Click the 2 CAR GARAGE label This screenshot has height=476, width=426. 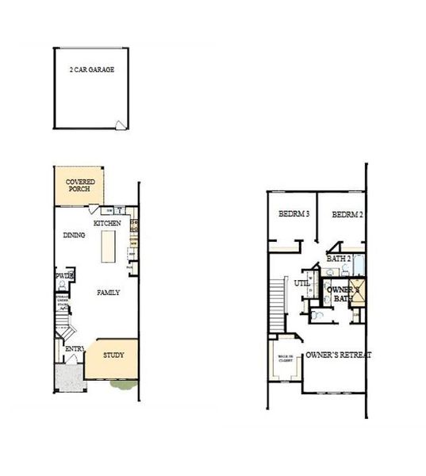pyautogui.click(x=91, y=70)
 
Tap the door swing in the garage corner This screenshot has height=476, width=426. pyautogui.click(x=120, y=123)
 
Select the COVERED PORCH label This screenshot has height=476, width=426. pyautogui.click(x=81, y=185)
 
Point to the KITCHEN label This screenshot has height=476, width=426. pyautogui.click(x=107, y=224)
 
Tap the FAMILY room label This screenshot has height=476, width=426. pyautogui.click(x=109, y=293)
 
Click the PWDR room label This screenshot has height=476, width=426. pyautogui.click(x=63, y=275)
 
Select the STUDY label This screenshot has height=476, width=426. pyautogui.click(x=114, y=353)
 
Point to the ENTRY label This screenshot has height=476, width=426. pyautogui.click(x=75, y=349)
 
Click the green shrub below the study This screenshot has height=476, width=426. pyautogui.click(x=121, y=385)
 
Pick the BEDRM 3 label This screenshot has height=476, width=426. pyautogui.click(x=293, y=214)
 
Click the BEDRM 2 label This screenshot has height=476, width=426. pyautogui.click(x=347, y=214)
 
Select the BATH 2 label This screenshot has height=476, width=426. pyautogui.click(x=339, y=259)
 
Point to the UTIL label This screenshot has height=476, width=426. pyautogui.click(x=301, y=282)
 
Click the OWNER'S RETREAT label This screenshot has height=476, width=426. pyautogui.click(x=339, y=355)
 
